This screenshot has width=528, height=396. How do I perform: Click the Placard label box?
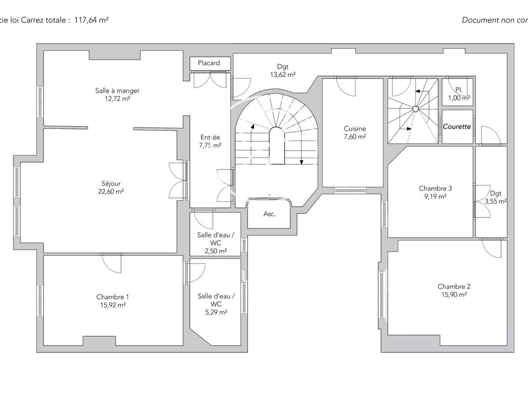209,63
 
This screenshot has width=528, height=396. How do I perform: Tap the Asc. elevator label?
269,214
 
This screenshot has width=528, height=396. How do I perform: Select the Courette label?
457,127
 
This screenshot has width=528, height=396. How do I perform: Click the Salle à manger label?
117,91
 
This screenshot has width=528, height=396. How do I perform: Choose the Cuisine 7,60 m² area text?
355,136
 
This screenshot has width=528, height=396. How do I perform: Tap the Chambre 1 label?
113,297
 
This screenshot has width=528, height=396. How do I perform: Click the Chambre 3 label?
435,188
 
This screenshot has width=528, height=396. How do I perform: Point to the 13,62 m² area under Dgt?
282,75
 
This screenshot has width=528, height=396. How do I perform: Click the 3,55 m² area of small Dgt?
495,201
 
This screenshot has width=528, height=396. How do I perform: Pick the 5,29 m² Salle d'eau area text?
216,312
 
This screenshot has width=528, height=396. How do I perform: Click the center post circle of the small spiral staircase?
415,109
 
